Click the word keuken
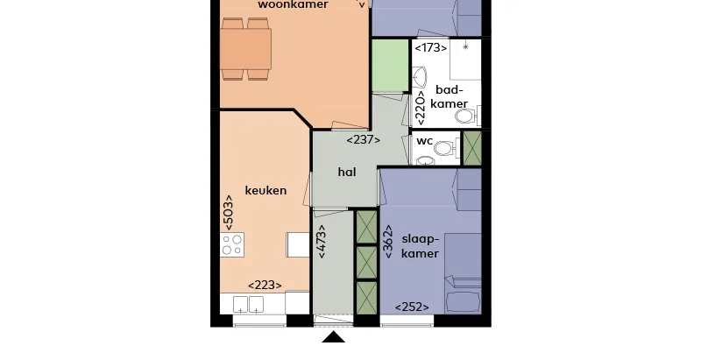[x=265, y=190]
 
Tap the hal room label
[x=347, y=172]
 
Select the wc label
[x=424, y=141]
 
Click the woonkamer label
[x=293, y=4]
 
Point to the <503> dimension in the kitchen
[x=229, y=213]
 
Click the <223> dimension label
[x=265, y=286]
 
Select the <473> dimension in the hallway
[x=322, y=242]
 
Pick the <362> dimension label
[x=388, y=242]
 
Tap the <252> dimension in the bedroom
[x=412, y=307]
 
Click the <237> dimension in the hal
[x=364, y=140]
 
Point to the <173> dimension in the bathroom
[x=431, y=47]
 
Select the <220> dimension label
[x=421, y=109]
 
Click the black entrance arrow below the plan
[x=333, y=336]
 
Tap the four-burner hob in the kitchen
[x=232, y=244]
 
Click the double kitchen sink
[x=248, y=304]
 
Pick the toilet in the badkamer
[x=467, y=116]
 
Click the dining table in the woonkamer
[x=246, y=49]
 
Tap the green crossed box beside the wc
[x=473, y=148]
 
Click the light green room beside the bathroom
[x=390, y=66]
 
